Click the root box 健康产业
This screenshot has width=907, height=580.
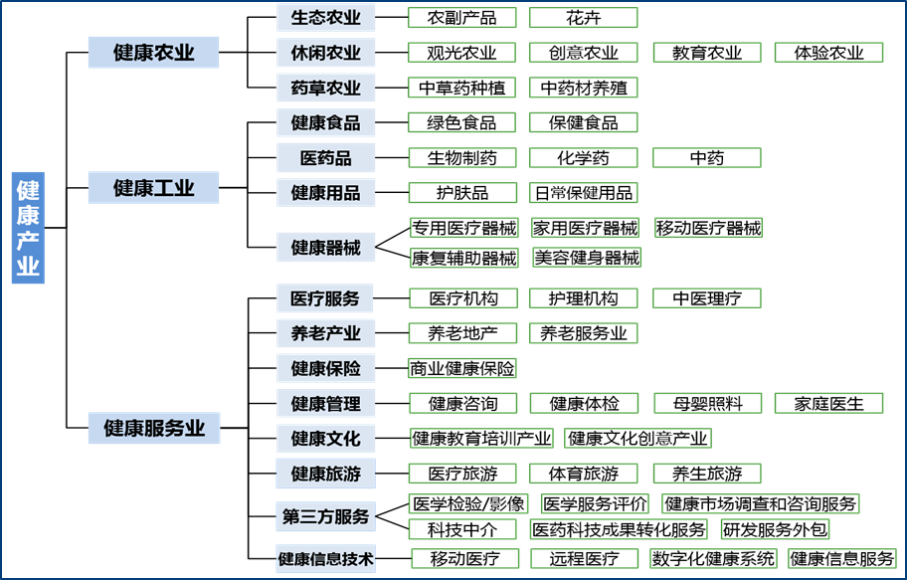tap(28, 228)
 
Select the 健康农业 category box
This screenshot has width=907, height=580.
tap(153, 52)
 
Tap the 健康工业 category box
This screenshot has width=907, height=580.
tap(153, 188)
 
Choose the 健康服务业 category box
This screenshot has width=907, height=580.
tap(154, 428)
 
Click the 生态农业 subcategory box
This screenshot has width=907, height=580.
tap(325, 17)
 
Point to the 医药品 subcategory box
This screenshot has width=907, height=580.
tap(325, 157)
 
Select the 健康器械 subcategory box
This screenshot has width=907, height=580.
tap(325, 247)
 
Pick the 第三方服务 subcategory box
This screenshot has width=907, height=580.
tap(325, 516)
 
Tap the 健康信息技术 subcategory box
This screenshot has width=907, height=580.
tap(325, 558)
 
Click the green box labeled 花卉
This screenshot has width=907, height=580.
tap(584, 17)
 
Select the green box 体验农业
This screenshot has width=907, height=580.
tap(828, 53)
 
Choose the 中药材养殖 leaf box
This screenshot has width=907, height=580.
tap(584, 88)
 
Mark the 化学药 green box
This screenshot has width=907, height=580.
tap(584, 157)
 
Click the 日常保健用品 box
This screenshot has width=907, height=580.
tap(584, 193)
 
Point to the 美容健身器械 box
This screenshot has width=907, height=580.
tap(587, 257)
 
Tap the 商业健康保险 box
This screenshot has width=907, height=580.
tap(461, 368)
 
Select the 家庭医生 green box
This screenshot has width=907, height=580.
tap(828, 404)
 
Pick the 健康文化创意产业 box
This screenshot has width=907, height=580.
tap(637, 438)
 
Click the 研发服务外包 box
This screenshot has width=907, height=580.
tap(775, 529)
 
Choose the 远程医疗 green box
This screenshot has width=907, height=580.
tap(584, 558)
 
